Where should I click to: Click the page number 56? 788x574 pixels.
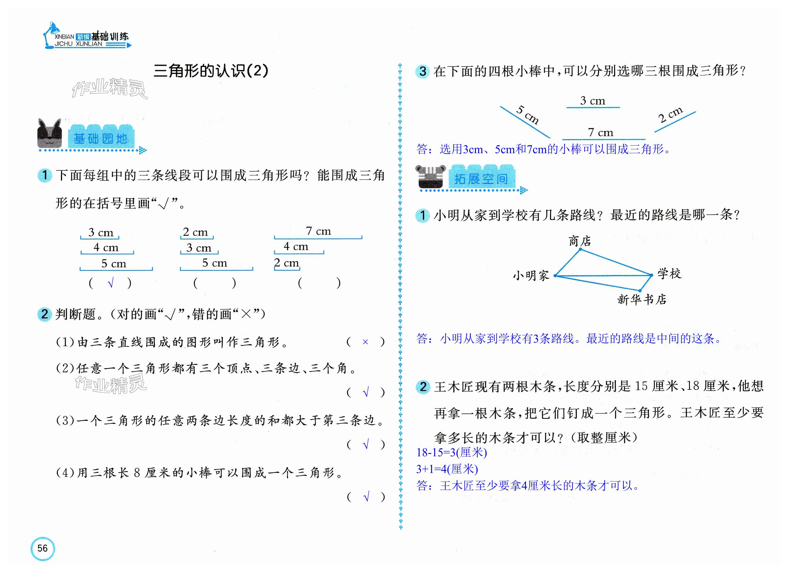click(x=42, y=548)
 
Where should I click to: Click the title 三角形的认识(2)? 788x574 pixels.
click(x=211, y=71)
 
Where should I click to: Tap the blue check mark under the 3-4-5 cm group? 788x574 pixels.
click(x=111, y=283)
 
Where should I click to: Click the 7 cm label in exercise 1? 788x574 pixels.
click(x=318, y=231)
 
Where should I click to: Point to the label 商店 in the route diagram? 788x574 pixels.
click(x=580, y=241)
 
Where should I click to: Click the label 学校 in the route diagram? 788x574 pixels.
click(x=669, y=274)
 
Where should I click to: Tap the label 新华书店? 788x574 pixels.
click(x=641, y=299)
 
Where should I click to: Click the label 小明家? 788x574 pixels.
click(x=531, y=276)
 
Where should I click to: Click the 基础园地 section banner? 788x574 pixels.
click(x=101, y=139)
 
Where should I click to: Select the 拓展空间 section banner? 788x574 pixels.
click(x=481, y=179)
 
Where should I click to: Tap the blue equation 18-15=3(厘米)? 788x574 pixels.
click(x=451, y=452)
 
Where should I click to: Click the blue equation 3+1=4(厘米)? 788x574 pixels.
click(x=447, y=469)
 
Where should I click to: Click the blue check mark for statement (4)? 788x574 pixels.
click(x=366, y=497)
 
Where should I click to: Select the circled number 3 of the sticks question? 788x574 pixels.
click(x=423, y=71)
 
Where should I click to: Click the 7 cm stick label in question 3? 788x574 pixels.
click(x=600, y=132)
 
